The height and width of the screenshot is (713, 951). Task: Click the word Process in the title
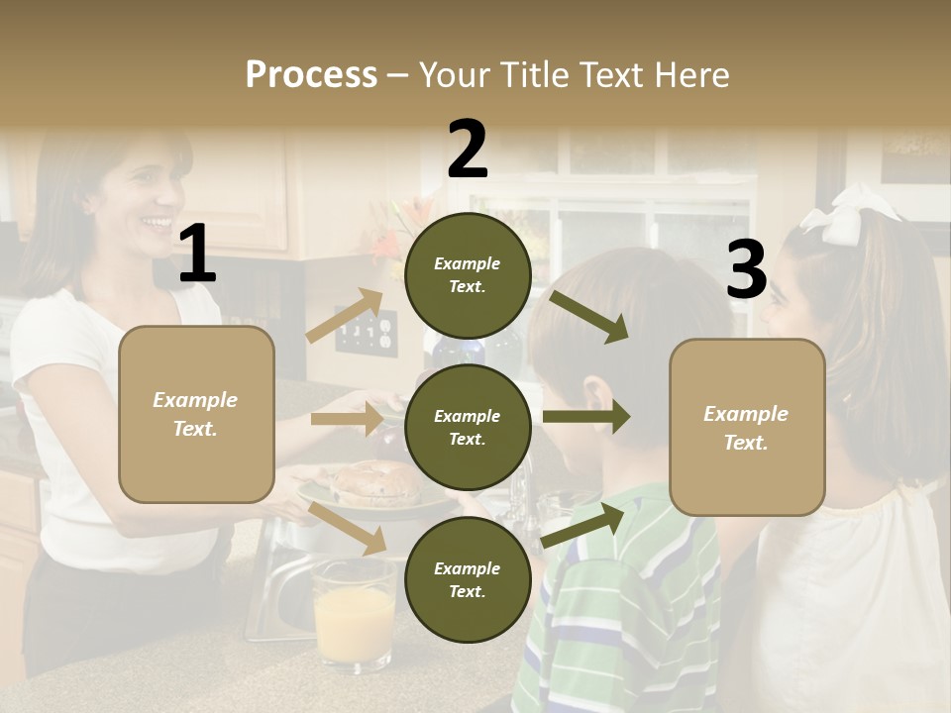click(311, 74)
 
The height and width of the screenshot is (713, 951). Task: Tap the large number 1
click(198, 254)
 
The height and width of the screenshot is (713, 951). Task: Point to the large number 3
click(746, 269)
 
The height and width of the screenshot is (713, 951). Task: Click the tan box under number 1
click(196, 414)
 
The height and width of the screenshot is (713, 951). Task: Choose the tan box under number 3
click(747, 428)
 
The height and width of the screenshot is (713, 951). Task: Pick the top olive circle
click(468, 275)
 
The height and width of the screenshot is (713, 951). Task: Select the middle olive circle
click(468, 428)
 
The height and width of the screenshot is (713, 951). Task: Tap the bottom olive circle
click(468, 580)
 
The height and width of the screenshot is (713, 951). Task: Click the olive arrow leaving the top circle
click(589, 317)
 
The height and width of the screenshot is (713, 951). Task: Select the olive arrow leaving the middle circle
click(586, 416)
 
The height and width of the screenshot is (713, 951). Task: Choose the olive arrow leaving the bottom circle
click(584, 524)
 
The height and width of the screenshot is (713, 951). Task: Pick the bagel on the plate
click(376, 480)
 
